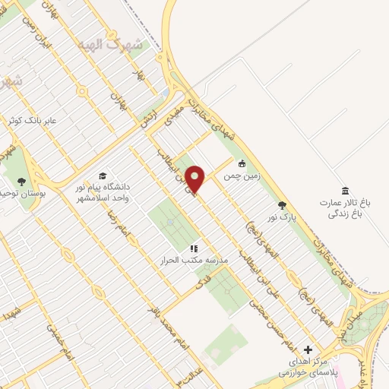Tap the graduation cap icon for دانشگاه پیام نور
pos(103,176)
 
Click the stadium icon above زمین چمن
pos(242,163)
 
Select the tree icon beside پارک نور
pos(282,205)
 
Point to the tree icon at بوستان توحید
pos(21,182)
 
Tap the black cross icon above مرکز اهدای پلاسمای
pos(308,349)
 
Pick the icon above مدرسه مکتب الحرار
pos(194,248)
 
